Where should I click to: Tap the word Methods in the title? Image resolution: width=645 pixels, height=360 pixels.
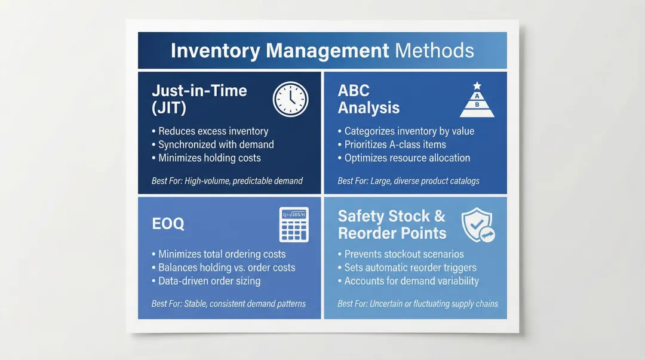[x=435, y=51]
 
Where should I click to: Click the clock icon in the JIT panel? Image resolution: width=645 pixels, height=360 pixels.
[x=291, y=99]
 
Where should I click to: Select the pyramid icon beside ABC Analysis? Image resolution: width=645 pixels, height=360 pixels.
[x=477, y=100]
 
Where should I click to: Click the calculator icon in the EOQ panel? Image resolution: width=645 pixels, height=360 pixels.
[x=294, y=224]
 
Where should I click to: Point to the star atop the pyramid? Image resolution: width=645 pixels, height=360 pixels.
[x=477, y=86]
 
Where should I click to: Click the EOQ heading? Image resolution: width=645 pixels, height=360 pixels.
[x=168, y=224]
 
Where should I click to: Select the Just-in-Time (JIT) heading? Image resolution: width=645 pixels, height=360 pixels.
[x=199, y=99]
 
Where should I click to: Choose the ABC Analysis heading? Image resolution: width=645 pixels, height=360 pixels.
[x=368, y=99]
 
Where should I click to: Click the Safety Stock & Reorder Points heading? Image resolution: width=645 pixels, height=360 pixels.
[x=392, y=224]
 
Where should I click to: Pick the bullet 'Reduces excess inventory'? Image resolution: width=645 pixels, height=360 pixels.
[x=213, y=131]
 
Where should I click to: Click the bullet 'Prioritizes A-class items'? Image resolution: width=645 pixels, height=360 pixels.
[x=395, y=144]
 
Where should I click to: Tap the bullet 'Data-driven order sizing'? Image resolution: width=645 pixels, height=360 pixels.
[x=209, y=281]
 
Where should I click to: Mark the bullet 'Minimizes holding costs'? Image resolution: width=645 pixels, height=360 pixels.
[x=209, y=158]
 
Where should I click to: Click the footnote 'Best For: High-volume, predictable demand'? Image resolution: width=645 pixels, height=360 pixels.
[x=227, y=181]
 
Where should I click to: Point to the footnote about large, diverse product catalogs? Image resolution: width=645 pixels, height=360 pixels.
[x=408, y=181]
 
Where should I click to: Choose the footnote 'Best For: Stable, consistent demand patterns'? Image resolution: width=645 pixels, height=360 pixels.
[x=229, y=304]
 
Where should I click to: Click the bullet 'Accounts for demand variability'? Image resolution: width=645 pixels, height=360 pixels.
[x=411, y=281]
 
